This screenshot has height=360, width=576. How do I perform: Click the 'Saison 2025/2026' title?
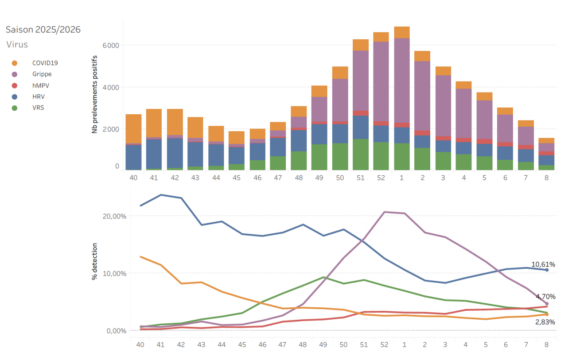click(43, 30)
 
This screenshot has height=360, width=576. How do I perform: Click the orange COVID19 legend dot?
click(15, 63)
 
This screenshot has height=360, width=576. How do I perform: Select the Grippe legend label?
click(42, 74)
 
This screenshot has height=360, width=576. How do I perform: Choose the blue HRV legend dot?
click(15, 96)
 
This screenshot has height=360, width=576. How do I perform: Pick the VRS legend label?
click(38, 107)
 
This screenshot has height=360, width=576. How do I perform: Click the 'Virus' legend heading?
click(17, 45)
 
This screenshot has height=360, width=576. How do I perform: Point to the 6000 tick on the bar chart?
click(111, 45)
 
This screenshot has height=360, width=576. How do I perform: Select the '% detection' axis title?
click(94, 261)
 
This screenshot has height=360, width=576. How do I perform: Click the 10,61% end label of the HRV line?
click(543, 264)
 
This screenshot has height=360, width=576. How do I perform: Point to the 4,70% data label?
click(545, 296)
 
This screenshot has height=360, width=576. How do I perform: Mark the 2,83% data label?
click(545, 322)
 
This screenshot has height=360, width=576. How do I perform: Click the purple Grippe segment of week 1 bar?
click(401, 80)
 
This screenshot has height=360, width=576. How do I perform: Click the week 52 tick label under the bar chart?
click(381, 178)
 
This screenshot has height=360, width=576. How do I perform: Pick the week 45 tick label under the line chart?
click(242, 345)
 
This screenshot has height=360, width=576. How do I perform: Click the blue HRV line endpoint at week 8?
click(547, 270)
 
